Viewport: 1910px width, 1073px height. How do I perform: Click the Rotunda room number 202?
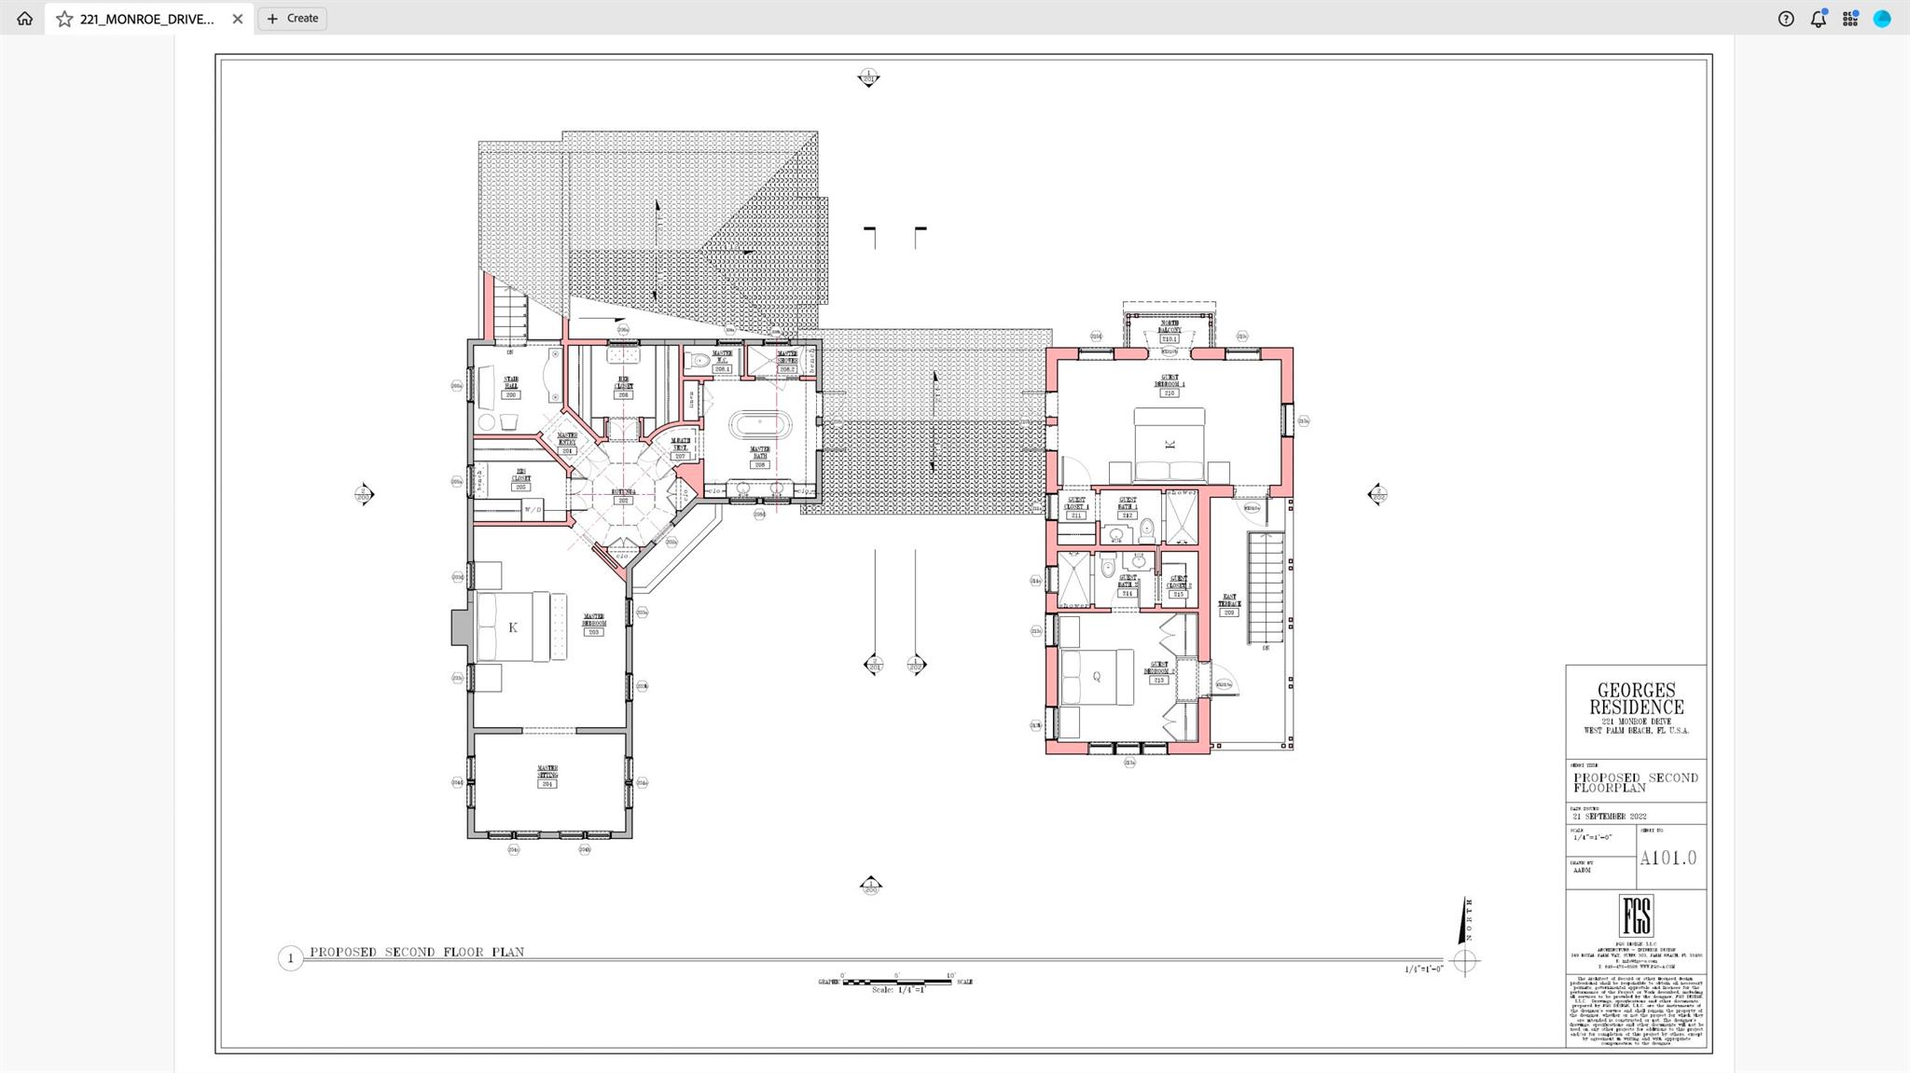(x=623, y=501)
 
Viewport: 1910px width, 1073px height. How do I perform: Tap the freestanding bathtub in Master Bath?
(x=759, y=424)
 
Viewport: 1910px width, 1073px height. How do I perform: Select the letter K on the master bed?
(x=513, y=627)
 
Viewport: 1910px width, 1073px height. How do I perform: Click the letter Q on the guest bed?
(x=1097, y=677)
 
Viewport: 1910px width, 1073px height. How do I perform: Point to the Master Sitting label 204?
(x=547, y=777)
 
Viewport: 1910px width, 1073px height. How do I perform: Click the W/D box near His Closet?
(x=532, y=510)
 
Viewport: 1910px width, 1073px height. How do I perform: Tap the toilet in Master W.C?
(x=699, y=360)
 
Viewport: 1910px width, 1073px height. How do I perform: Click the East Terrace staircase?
(x=1266, y=587)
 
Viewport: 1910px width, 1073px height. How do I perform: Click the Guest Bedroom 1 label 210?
(x=1169, y=386)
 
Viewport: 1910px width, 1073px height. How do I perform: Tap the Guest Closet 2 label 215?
(x=1178, y=587)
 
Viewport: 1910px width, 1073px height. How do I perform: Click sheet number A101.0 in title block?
(x=1668, y=858)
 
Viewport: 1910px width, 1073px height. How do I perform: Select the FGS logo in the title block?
(x=1636, y=915)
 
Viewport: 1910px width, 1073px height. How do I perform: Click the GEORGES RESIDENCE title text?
(x=1636, y=698)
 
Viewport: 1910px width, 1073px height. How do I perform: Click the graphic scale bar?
(x=896, y=982)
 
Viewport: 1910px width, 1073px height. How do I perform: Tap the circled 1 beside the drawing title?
(x=290, y=957)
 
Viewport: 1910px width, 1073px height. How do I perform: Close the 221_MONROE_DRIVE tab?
(x=238, y=19)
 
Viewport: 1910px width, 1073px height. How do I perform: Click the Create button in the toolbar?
(x=292, y=19)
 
